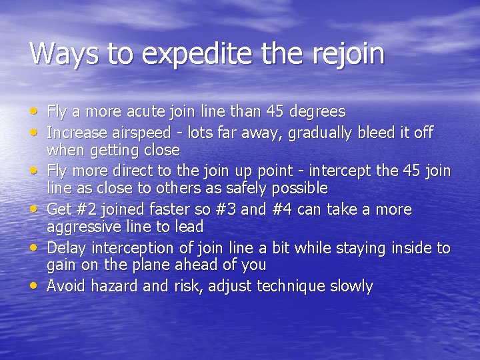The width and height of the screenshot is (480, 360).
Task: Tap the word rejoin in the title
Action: coord(347,54)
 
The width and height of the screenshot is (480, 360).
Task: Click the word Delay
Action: coord(67,248)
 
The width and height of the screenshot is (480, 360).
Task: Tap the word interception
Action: coord(127,248)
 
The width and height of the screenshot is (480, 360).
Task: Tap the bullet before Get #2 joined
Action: coord(34,209)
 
